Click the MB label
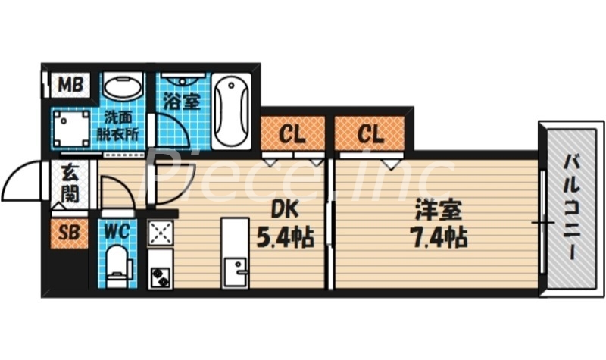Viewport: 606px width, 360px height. [73, 85]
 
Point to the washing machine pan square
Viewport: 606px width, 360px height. [73, 128]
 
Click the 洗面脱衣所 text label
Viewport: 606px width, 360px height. [121, 125]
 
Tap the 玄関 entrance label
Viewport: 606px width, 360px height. [70, 183]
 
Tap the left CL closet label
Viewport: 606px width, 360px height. [292, 134]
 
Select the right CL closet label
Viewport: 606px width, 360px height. [370, 134]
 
